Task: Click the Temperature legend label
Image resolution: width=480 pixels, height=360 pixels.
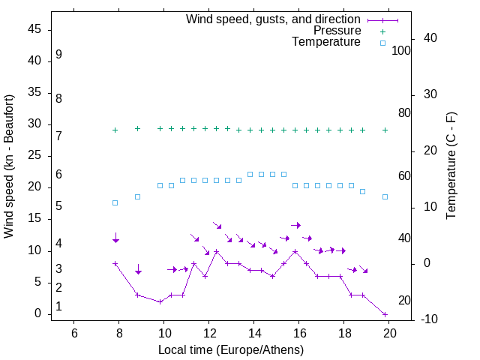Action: click(x=326, y=42)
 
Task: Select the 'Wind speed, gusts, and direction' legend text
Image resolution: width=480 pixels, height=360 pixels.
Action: click(x=273, y=19)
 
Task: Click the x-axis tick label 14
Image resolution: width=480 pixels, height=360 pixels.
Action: click(x=254, y=333)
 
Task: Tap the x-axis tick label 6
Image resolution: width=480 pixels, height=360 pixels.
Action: click(x=73, y=333)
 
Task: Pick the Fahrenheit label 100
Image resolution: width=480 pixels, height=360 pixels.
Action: click(x=401, y=51)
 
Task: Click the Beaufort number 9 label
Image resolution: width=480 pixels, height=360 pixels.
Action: click(x=58, y=55)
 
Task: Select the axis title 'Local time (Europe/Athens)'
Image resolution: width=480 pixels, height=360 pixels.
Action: click(x=231, y=349)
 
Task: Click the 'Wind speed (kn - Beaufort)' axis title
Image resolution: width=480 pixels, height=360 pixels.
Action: click(x=9, y=166)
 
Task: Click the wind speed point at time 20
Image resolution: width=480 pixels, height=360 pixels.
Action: click(x=385, y=314)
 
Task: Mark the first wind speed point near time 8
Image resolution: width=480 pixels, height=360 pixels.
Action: click(x=115, y=264)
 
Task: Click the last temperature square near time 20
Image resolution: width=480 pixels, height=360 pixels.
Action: click(x=385, y=196)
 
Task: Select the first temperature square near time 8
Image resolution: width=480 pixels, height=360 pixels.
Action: click(x=115, y=203)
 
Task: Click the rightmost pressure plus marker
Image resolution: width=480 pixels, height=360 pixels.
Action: click(x=385, y=130)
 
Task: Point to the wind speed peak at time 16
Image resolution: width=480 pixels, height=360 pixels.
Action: click(x=295, y=251)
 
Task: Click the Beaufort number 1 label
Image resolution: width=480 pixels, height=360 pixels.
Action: click(x=58, y=307)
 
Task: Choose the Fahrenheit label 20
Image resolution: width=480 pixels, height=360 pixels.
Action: click(x=404, y=301)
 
